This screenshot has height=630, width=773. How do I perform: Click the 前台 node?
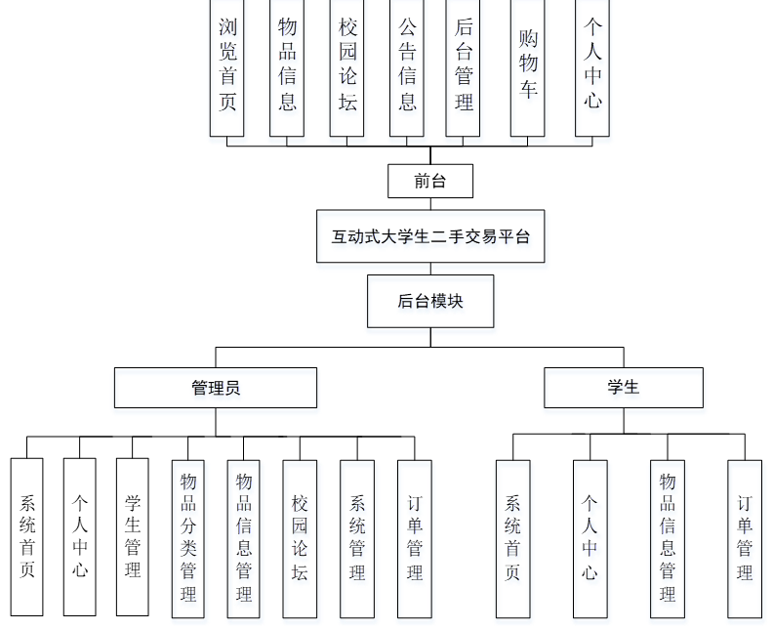pos(430,181)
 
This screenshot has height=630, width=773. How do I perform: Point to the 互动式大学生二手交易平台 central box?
pos(430,236)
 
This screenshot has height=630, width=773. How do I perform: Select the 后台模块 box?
pos(430,301)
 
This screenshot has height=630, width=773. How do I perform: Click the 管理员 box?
pos(216,388)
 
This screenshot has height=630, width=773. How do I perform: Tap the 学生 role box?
pos(623,388)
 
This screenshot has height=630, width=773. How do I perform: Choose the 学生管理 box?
pos(133,537)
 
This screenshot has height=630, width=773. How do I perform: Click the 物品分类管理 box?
pos(188,538)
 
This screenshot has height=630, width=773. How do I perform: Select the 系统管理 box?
pos(357,538)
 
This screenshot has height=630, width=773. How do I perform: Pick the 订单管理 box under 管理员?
pos(415,538)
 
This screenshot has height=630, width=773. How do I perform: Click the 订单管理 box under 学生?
pos(745,538)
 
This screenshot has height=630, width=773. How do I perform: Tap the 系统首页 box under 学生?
pos(512,538)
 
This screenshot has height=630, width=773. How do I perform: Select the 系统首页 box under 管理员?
pos(27,537)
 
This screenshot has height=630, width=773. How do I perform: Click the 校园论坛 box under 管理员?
pos(300,538)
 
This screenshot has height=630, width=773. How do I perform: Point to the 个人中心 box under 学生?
pos(590,538)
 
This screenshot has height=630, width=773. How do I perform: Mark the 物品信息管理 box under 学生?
pos(668,538)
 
